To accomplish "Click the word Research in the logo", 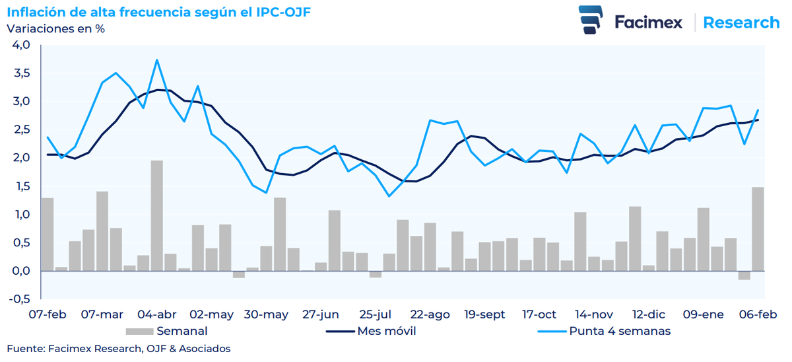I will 741,22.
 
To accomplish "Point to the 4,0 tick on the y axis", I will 21,45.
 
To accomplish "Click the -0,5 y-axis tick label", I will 20,299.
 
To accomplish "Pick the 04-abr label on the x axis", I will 156,314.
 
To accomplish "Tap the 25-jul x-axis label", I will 376,314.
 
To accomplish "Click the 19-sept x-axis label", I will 485,314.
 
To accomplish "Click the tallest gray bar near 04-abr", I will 156,215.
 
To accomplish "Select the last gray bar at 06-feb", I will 758,229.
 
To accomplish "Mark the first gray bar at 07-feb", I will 48,234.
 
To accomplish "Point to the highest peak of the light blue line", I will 156,60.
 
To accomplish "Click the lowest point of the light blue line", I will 389,196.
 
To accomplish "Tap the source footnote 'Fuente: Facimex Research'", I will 119,348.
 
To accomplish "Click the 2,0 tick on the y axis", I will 21,158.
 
